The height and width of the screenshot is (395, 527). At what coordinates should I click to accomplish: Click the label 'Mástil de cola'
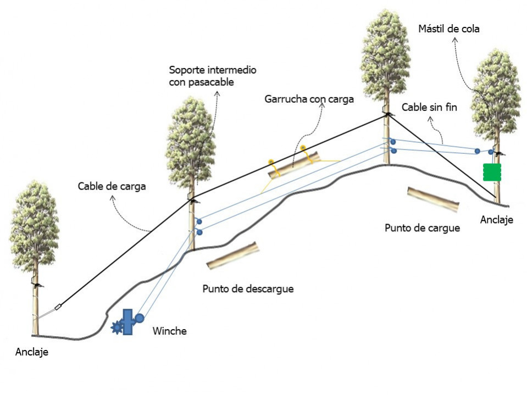448,29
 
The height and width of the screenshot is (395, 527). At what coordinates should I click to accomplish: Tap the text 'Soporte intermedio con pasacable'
213,76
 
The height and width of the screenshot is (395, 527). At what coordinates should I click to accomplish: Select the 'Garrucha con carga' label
309,99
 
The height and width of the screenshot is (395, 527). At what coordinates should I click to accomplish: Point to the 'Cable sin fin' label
429,108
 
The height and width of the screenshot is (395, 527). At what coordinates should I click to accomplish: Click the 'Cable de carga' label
112,186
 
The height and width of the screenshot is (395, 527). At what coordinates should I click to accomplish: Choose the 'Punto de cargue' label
422,227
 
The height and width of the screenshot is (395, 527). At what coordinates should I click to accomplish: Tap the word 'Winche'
169,331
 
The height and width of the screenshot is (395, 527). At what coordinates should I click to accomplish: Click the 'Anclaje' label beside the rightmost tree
496,220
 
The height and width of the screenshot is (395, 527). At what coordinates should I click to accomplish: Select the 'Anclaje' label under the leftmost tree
31,352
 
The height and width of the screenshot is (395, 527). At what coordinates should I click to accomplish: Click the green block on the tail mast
492,172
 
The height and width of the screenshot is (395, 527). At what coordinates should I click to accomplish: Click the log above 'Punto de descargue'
233,256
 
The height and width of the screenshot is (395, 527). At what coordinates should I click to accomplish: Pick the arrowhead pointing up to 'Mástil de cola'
455,41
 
